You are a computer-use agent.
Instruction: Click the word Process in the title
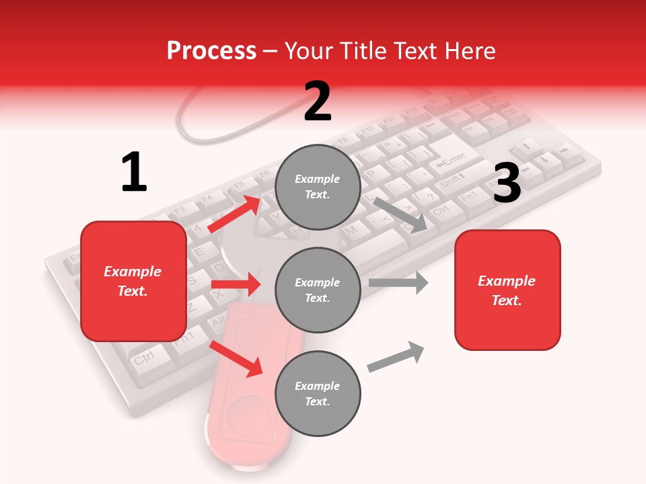point(211,51)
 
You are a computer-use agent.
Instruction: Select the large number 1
point(134,173)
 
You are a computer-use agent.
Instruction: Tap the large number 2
point(318,102)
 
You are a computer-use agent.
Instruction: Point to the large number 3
point(507,183)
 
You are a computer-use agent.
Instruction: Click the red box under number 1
point(133,281)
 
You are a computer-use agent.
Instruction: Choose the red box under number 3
point(507,290)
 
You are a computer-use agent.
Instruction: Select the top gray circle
point(318,187)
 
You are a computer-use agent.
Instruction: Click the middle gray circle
point(318,290)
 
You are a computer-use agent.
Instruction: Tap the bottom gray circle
point(318,393)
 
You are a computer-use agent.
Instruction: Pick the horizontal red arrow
point(236,284)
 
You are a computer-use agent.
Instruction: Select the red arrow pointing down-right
point(236,358)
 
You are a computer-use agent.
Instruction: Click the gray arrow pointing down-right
point(401,214)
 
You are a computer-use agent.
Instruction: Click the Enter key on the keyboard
point(452,159)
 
